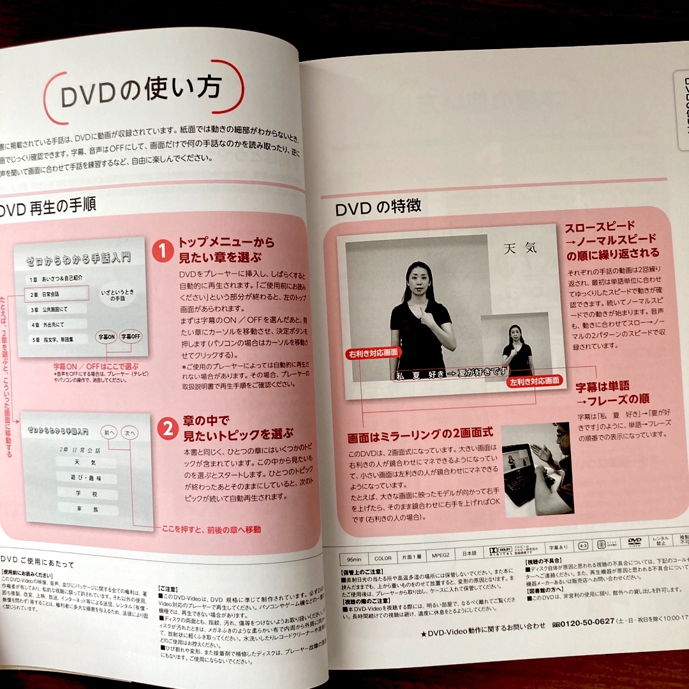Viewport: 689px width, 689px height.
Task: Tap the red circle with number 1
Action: click(163, 250)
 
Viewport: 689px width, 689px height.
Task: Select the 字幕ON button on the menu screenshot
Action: click(106, 336)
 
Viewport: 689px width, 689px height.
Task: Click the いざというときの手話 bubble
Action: click(117, 295)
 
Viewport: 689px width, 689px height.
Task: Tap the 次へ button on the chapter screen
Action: click(131, 433)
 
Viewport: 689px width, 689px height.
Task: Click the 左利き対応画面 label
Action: click(535, 381)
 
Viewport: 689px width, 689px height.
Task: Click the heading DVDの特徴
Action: click(378, 209)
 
